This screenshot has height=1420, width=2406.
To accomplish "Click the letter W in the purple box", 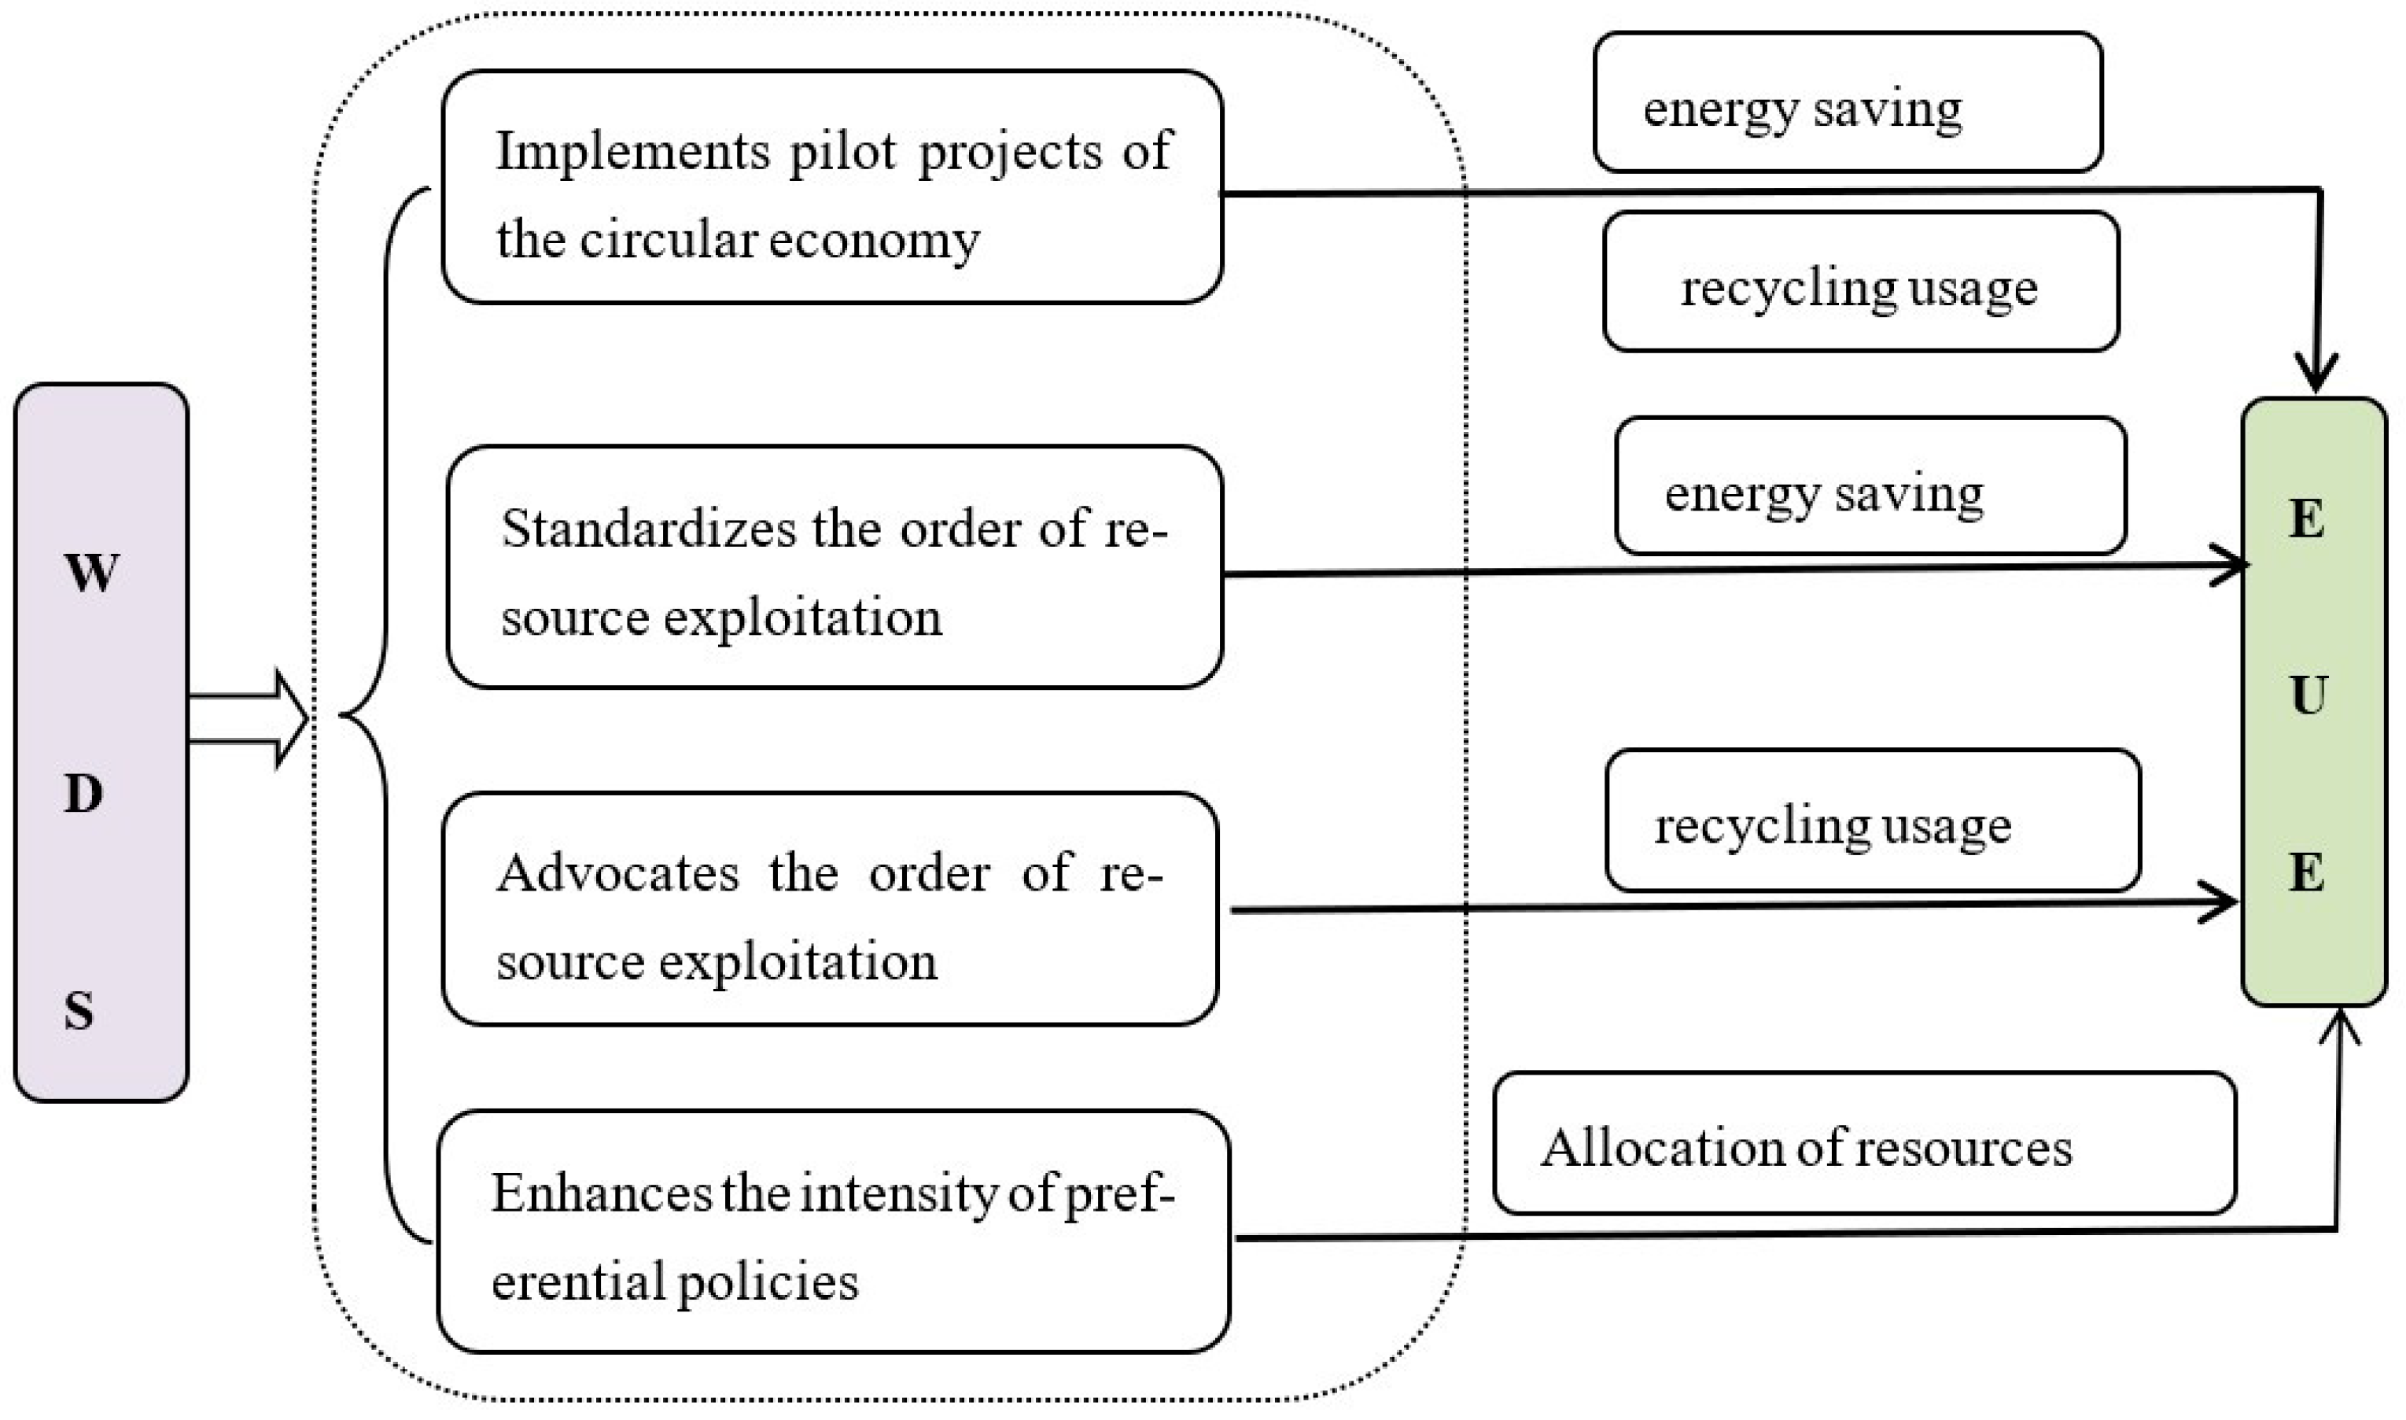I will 92,574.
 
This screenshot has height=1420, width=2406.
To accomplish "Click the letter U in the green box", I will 2308,695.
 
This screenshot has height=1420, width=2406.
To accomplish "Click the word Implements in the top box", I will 632,152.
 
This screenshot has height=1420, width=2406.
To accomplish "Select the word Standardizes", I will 649,528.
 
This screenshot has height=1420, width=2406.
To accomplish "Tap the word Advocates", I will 618,873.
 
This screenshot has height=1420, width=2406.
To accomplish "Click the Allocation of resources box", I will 1863,1143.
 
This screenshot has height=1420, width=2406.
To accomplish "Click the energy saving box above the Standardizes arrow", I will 1870,486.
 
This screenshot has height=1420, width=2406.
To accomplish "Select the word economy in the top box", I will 873,240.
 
